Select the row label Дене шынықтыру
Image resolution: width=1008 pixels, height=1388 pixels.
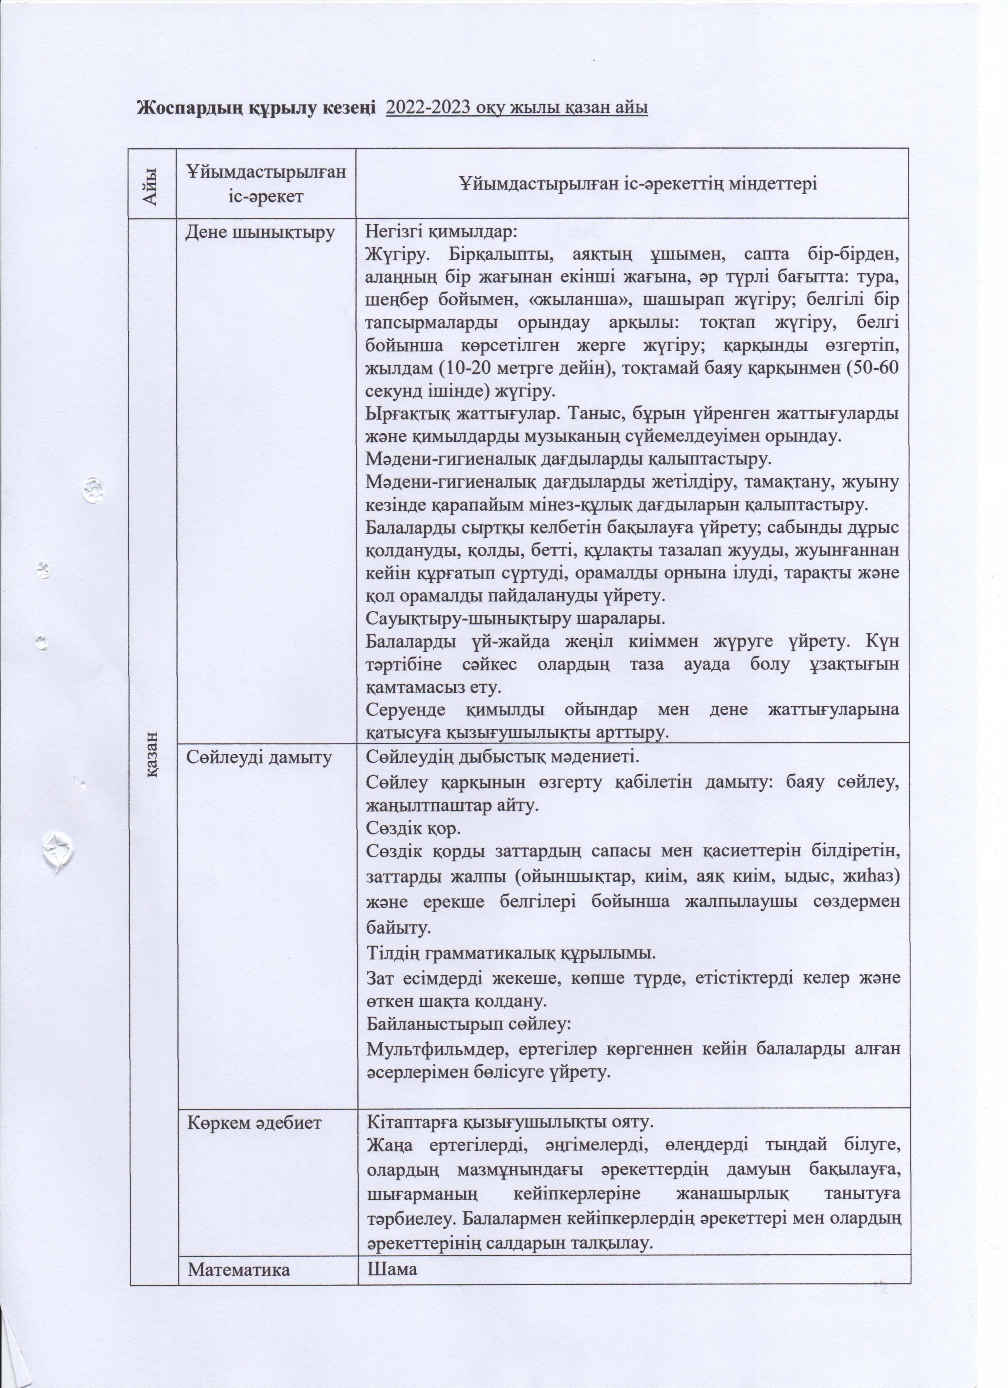coord(260,233)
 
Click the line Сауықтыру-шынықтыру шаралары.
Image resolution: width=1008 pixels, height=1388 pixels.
coord(515,618)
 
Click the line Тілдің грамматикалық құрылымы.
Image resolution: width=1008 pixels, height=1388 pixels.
coord(511,953)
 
